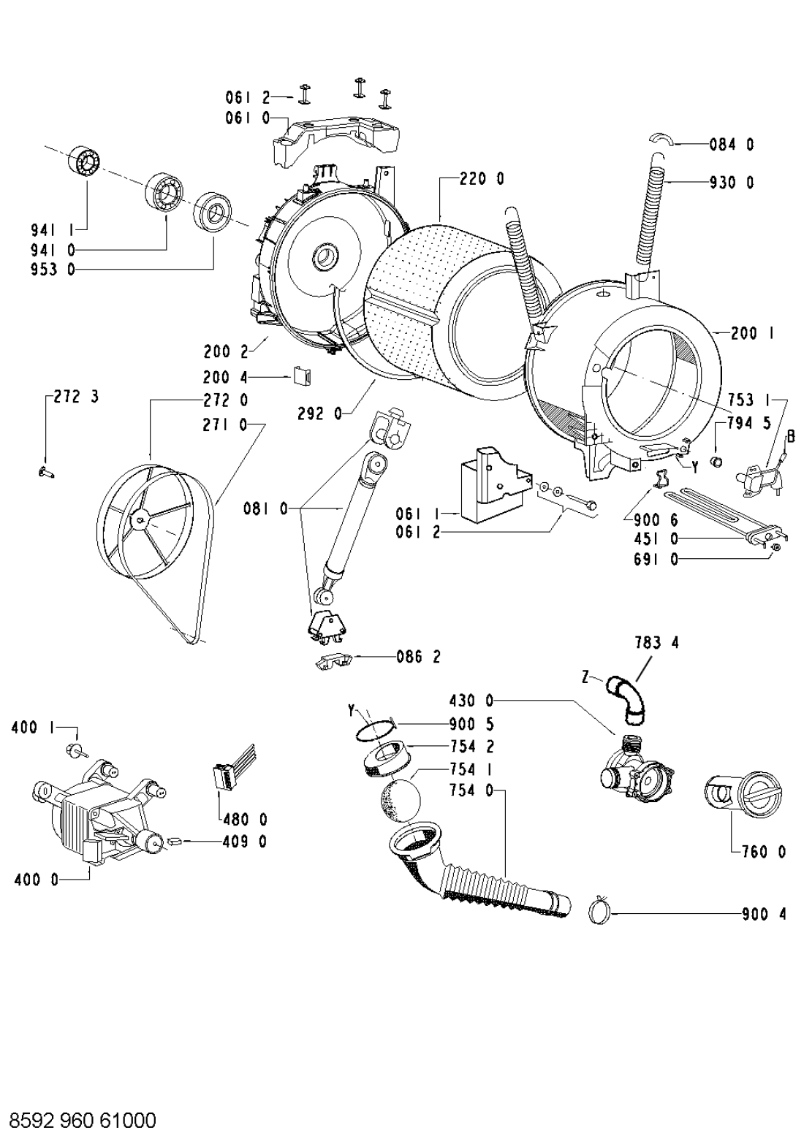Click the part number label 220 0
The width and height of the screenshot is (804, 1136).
pos(482,179)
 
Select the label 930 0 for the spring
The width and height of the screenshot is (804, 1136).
pos(732,182)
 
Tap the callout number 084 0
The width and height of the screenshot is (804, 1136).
pos(732,145)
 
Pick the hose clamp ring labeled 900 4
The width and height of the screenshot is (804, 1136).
pos(600,913)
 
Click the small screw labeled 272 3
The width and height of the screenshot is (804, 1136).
pos(46,473)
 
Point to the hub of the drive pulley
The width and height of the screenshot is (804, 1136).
pos(138,518)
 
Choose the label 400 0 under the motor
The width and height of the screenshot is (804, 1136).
pos(37,880)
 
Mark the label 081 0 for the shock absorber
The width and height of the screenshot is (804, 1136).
pos(266,508)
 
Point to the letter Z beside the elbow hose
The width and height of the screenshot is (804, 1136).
pos(586,677)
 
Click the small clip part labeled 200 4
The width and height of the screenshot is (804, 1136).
pos(303,377)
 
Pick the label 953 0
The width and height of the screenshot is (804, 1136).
pos(53,270)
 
